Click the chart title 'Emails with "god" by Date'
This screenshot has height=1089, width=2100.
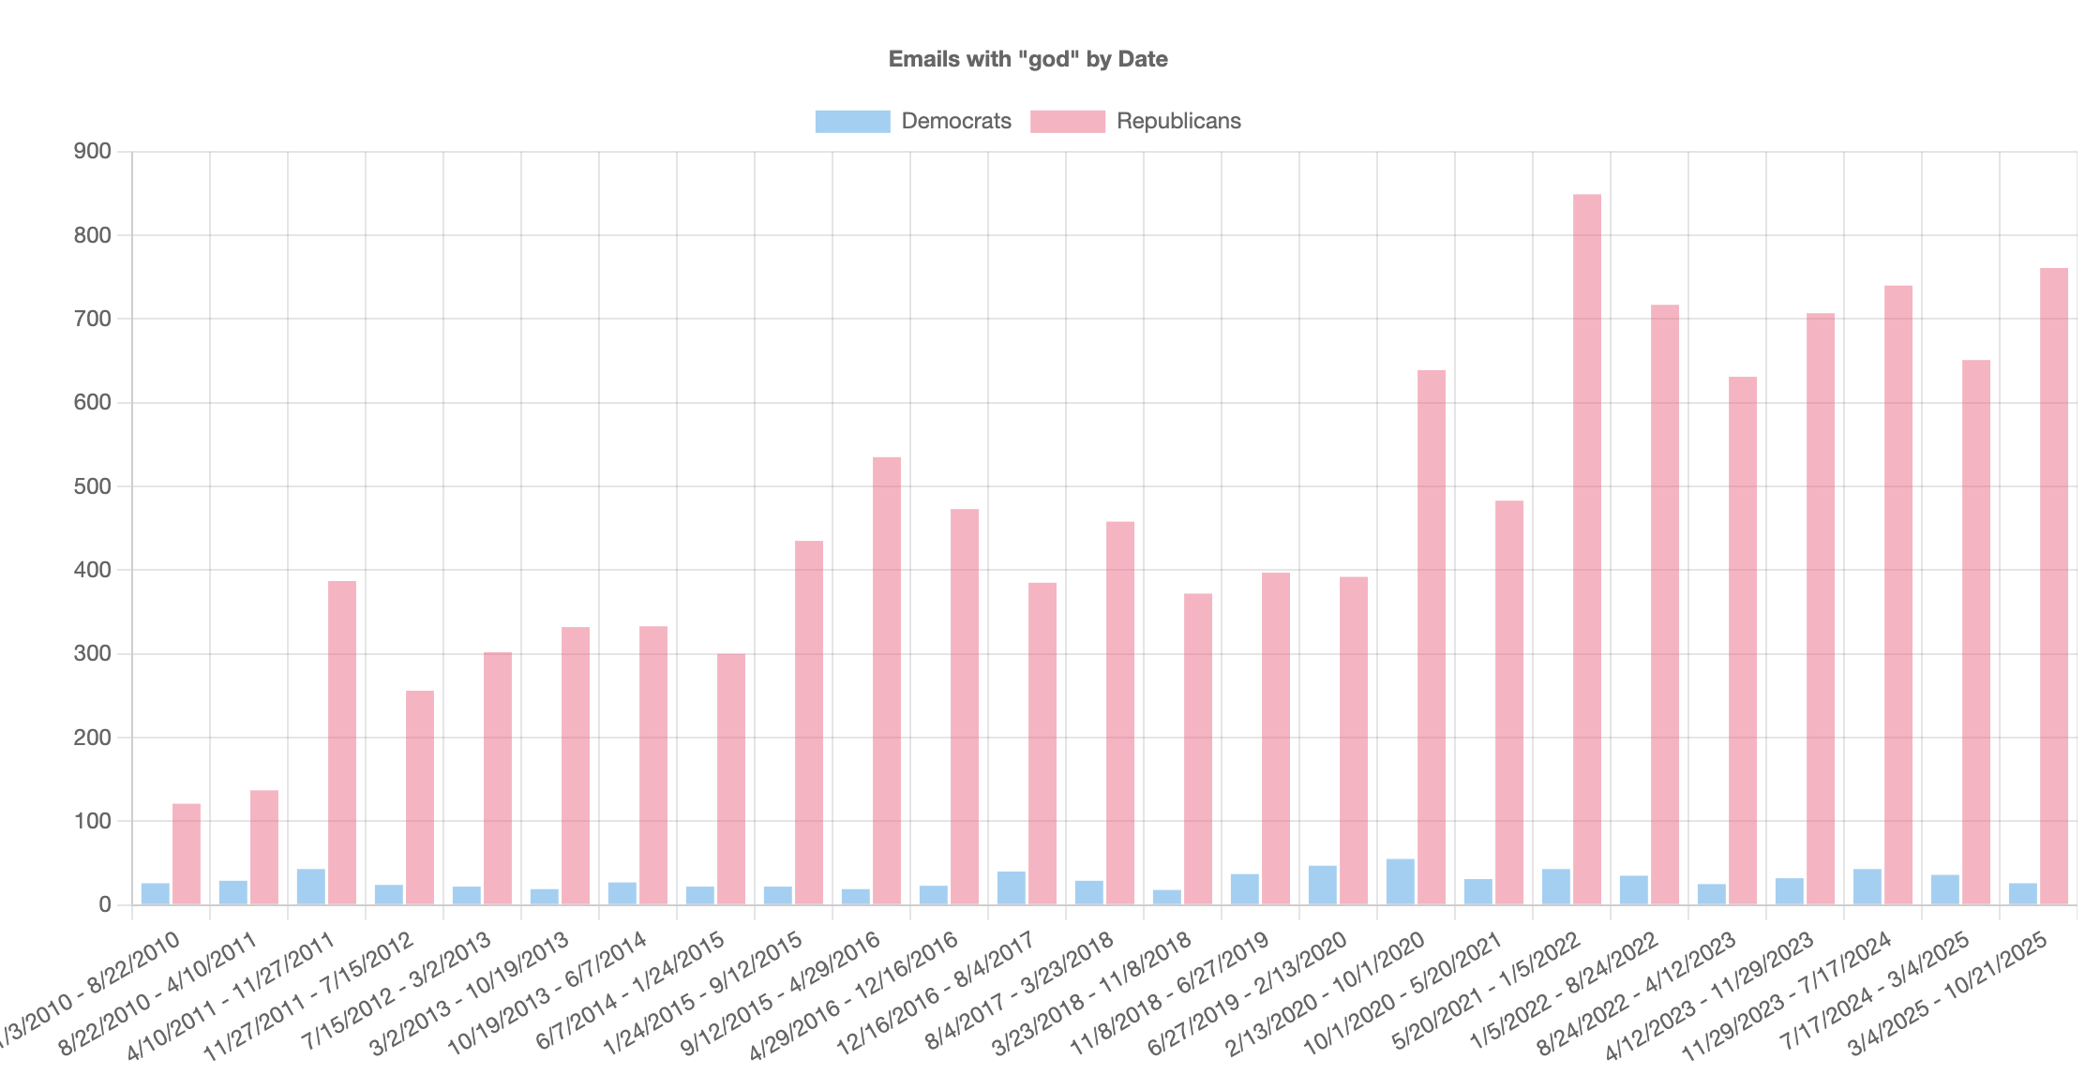(1027, 59)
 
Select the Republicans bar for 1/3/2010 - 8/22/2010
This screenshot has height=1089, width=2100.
(186, 854)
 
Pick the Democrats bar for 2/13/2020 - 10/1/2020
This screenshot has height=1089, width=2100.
(1400, 882)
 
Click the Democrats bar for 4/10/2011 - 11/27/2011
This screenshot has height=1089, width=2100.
(310, 887)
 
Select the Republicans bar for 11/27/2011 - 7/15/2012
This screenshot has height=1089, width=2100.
(419, 798)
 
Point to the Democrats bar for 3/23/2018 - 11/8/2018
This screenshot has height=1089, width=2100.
(1166, 897)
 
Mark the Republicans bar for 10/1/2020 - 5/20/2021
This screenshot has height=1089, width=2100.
(1508, 702)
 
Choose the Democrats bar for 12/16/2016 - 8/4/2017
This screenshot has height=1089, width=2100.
(1011, 888)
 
